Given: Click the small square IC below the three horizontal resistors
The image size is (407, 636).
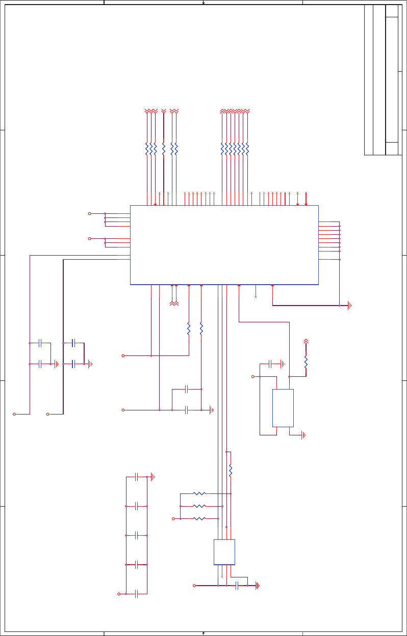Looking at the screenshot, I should pyautogui.click(x=224, y=552).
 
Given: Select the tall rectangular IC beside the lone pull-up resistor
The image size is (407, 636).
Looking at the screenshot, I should pyautogui.click(x=283, y=408).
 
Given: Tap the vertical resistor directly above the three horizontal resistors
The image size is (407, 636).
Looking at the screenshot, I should pyautogui.click(x=231, y=471).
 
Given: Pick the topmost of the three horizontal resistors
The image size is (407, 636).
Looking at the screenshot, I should pyautogui.click(x=199, y=493).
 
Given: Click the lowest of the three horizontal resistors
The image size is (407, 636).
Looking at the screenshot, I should pyautogui.click(x=199, y=518).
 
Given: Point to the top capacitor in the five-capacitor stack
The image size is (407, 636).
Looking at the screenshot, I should pyautogui.click(x=136, y=477).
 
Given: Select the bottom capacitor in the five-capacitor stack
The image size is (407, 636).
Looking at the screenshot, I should pyautogui.click(x=136, y=594).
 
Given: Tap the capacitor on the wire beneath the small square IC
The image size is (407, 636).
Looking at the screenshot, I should pyautogui.click(x=237, y=586).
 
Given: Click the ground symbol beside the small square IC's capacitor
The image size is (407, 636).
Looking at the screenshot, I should pyautogui.click(x=258, y=586).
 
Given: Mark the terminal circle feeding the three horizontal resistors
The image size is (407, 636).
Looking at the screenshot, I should pyautogui.click(x=173, y=518).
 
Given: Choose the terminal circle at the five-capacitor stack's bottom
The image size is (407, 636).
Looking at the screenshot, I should pyautogui.click(x=119, y=594).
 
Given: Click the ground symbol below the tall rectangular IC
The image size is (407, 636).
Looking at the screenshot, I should pyautogui.click(x=303, y=435).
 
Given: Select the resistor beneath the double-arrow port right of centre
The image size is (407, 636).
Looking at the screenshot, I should pyautogui.click(x=306, y=362).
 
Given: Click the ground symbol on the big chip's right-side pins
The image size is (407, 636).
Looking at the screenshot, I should pyautogui.click(x=350, y=306).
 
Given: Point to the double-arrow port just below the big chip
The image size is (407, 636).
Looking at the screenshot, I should pyautogui.click(x=174, y=303).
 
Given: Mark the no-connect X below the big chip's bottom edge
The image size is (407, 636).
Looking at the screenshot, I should pyautogui.click(x=256, y=296).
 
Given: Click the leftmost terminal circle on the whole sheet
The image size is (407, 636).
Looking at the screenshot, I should pyautogui.click(x=14, y=414).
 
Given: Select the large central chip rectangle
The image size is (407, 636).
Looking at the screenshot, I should pyautogui.click(x=224, y=244).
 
